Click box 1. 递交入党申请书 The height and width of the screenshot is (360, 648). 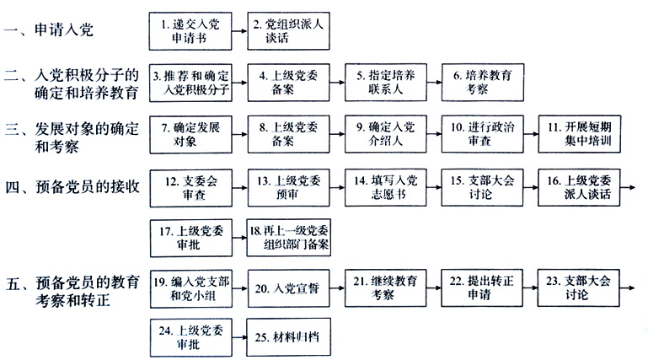coord(190,31)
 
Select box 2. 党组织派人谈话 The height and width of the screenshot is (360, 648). coord(288,31)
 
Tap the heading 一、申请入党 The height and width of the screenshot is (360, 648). coord(49,30)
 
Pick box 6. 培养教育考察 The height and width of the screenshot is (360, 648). coord(483,83)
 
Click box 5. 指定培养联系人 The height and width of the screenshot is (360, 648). coord(386,83)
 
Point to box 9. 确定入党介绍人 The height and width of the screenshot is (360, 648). coord(386,134)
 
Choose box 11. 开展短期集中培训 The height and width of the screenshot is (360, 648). coord(580,134)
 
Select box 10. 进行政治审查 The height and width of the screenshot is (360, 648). coord(483,134)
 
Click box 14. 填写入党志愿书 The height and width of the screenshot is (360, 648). coord(386,188)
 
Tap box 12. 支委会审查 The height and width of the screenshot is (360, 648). coord(191,188)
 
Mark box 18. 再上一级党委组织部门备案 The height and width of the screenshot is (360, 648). coord(289,238)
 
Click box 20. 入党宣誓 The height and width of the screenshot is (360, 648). coord(289,288)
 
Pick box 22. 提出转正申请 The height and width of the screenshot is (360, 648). coord(482,288)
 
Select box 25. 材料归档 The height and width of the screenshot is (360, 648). coord(289,337)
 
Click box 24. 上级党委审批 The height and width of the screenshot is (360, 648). coord(191,337)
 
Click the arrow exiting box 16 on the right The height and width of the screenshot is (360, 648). coord(628,188)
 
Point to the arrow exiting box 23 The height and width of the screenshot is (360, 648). coord(627,287)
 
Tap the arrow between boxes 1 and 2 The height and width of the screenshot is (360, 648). coord(239,31)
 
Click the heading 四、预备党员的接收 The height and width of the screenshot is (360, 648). coord(72,187)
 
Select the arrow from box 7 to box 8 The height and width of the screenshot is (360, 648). coord(239,134)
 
